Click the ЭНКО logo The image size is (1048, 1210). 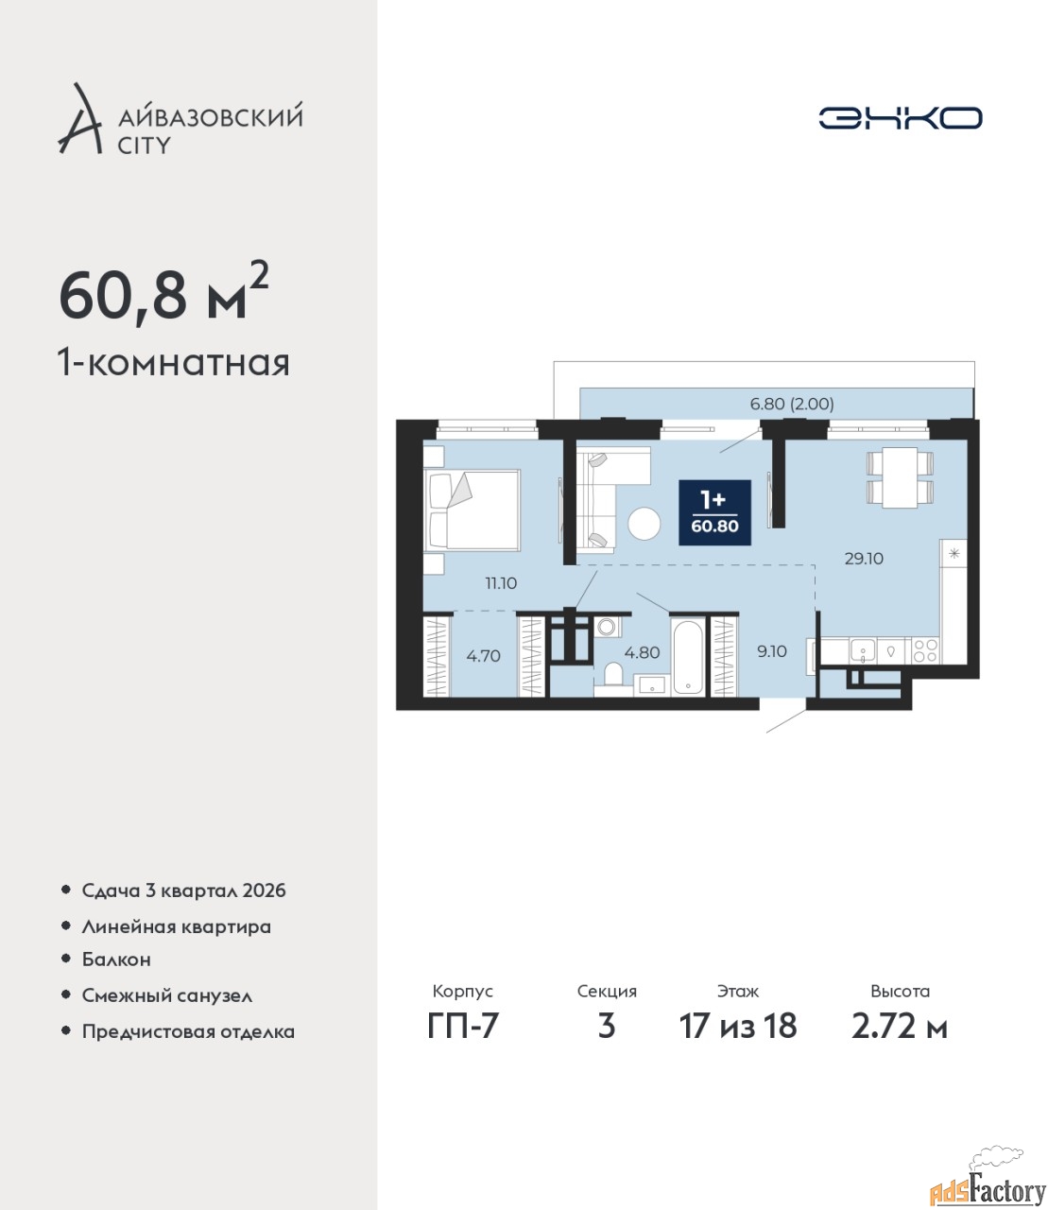[x=900, y=117]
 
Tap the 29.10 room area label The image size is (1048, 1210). [x=863, y=559]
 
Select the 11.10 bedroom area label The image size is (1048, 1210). [x=501, y=583]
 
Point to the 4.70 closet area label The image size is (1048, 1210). [x=483, y=656]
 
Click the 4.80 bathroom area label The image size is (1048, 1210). [x=642, y=652]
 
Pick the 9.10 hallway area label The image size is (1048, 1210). [x=772, y=651]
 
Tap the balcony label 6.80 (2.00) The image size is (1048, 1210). [x=792, y=404]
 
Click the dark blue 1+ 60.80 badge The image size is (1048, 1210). [x=714, y=512]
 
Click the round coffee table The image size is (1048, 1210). [x=644, y=523]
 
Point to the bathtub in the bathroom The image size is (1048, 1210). [x=688, y=658]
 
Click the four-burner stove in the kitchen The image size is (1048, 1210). [x=925, y=650]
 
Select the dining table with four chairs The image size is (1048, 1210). [x=900, y=477]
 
